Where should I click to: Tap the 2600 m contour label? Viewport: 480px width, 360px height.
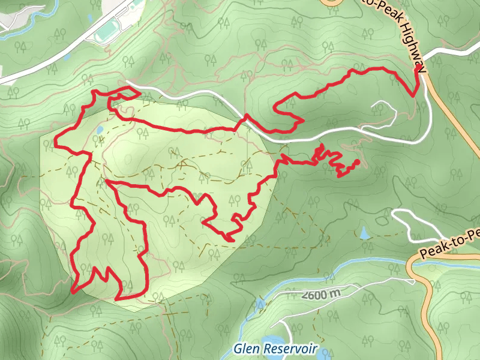click(322, 295)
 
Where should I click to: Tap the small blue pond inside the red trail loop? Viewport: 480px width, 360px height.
click(99, 129)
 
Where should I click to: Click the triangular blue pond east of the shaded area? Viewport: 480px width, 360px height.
click(364, 233)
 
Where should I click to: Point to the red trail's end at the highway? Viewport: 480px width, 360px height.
click(417, 70)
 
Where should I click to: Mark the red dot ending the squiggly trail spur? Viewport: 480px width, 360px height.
click(357, 162)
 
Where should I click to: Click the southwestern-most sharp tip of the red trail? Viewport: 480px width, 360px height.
click(73, 292)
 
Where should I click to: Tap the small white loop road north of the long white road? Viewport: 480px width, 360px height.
click(384, 108)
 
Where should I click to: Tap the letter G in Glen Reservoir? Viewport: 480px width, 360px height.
click(237, 348)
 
